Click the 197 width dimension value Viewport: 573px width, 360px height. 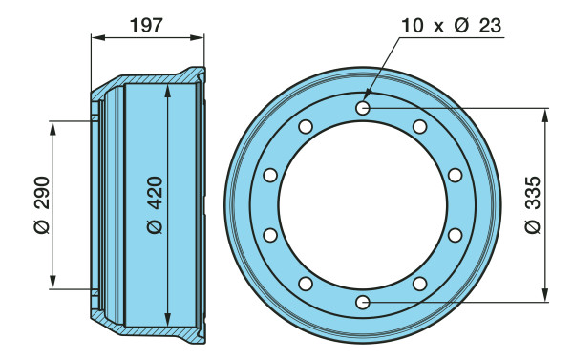click(x=146, y=26)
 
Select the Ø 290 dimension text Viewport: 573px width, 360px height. click(x=42, y=204)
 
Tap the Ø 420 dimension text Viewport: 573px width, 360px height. click(x=155, y=204)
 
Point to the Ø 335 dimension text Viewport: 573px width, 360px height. click(x=533, y=204)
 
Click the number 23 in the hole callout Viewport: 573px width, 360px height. click(x=490, y=26)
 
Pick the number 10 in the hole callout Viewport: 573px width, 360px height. click(x=413, y=26)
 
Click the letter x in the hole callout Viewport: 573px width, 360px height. click(x=438, y=28)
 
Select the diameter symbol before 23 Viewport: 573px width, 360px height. click(x=461, y=26)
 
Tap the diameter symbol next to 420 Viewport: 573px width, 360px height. click(x=155, y=226)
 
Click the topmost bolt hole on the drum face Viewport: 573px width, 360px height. click(x=363, y=108)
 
